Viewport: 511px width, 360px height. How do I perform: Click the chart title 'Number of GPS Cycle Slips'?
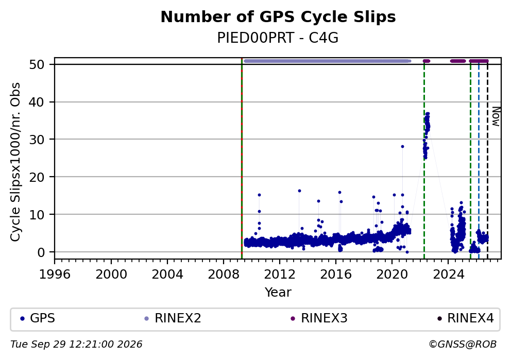click(278, 17)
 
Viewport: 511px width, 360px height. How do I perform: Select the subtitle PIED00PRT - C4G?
click(278, 38)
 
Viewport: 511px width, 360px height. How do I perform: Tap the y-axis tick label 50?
click(37, 64)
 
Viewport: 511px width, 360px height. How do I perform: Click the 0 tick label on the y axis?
click(41, 252)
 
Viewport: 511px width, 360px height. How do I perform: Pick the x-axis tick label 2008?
click(224, 275)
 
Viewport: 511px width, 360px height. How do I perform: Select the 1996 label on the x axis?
click(55, 275)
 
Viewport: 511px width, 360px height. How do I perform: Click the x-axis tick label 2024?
click(449, 275)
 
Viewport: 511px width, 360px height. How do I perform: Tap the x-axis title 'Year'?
click(278, 292)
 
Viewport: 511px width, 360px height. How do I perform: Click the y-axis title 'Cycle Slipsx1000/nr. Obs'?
click(15, 162)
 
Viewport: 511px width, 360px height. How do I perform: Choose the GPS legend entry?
click(38, 318)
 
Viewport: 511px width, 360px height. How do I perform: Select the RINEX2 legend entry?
click(173, 318)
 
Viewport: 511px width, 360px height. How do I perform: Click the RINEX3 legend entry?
click(319, 318)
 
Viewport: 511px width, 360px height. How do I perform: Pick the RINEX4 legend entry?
click(466, 318)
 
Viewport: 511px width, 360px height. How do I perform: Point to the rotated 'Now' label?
click(496, 116)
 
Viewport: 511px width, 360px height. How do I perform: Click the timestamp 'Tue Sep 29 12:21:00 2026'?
click(76, 345)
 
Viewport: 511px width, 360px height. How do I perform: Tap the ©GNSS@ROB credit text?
click(463, 345)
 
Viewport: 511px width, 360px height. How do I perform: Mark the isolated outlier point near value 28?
click(402, 147)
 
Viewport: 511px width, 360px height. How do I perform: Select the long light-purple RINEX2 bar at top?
click(327, 61)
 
